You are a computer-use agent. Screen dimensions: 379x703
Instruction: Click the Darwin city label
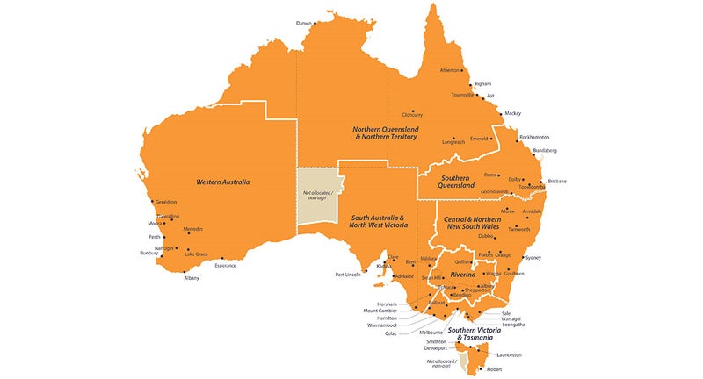click(x=303, y=22)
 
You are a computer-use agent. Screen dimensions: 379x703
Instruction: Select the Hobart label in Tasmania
click(x=495, y=369)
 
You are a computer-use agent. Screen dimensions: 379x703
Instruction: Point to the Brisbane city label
click(x=557, y=181)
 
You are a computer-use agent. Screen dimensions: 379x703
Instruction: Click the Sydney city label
click(x=533, y=258)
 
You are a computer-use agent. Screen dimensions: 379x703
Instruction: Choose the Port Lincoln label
click(x=349, y=275)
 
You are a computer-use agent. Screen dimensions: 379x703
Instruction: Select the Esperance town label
click(x=226, y=264)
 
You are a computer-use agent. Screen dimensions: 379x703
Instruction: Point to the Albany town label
click(x=191, y=278)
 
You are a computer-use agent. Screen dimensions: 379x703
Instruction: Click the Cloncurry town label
click(x=412, y=114)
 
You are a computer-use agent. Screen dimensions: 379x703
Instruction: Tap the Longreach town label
click(x=453, y=141)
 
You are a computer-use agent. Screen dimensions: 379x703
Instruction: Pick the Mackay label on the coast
click(x=512, y=113)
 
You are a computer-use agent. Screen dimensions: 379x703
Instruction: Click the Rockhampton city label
click(x=534, y=137)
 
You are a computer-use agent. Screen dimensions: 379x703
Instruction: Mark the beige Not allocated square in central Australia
click(x=316, y=195)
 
